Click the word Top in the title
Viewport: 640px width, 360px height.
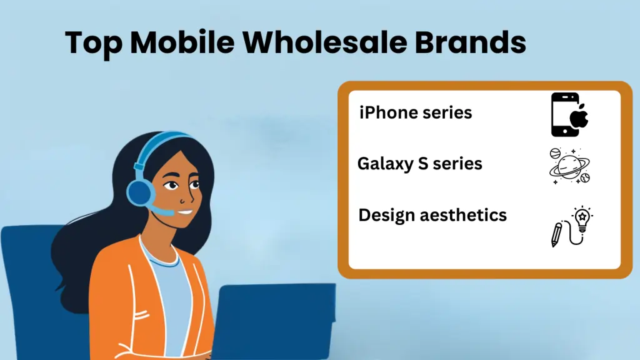92,42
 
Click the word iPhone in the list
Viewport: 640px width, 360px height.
387,113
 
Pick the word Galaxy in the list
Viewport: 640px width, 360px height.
385,164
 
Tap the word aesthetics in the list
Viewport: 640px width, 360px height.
463,215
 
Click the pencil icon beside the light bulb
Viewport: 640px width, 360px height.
556,234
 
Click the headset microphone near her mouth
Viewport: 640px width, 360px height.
164,213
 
